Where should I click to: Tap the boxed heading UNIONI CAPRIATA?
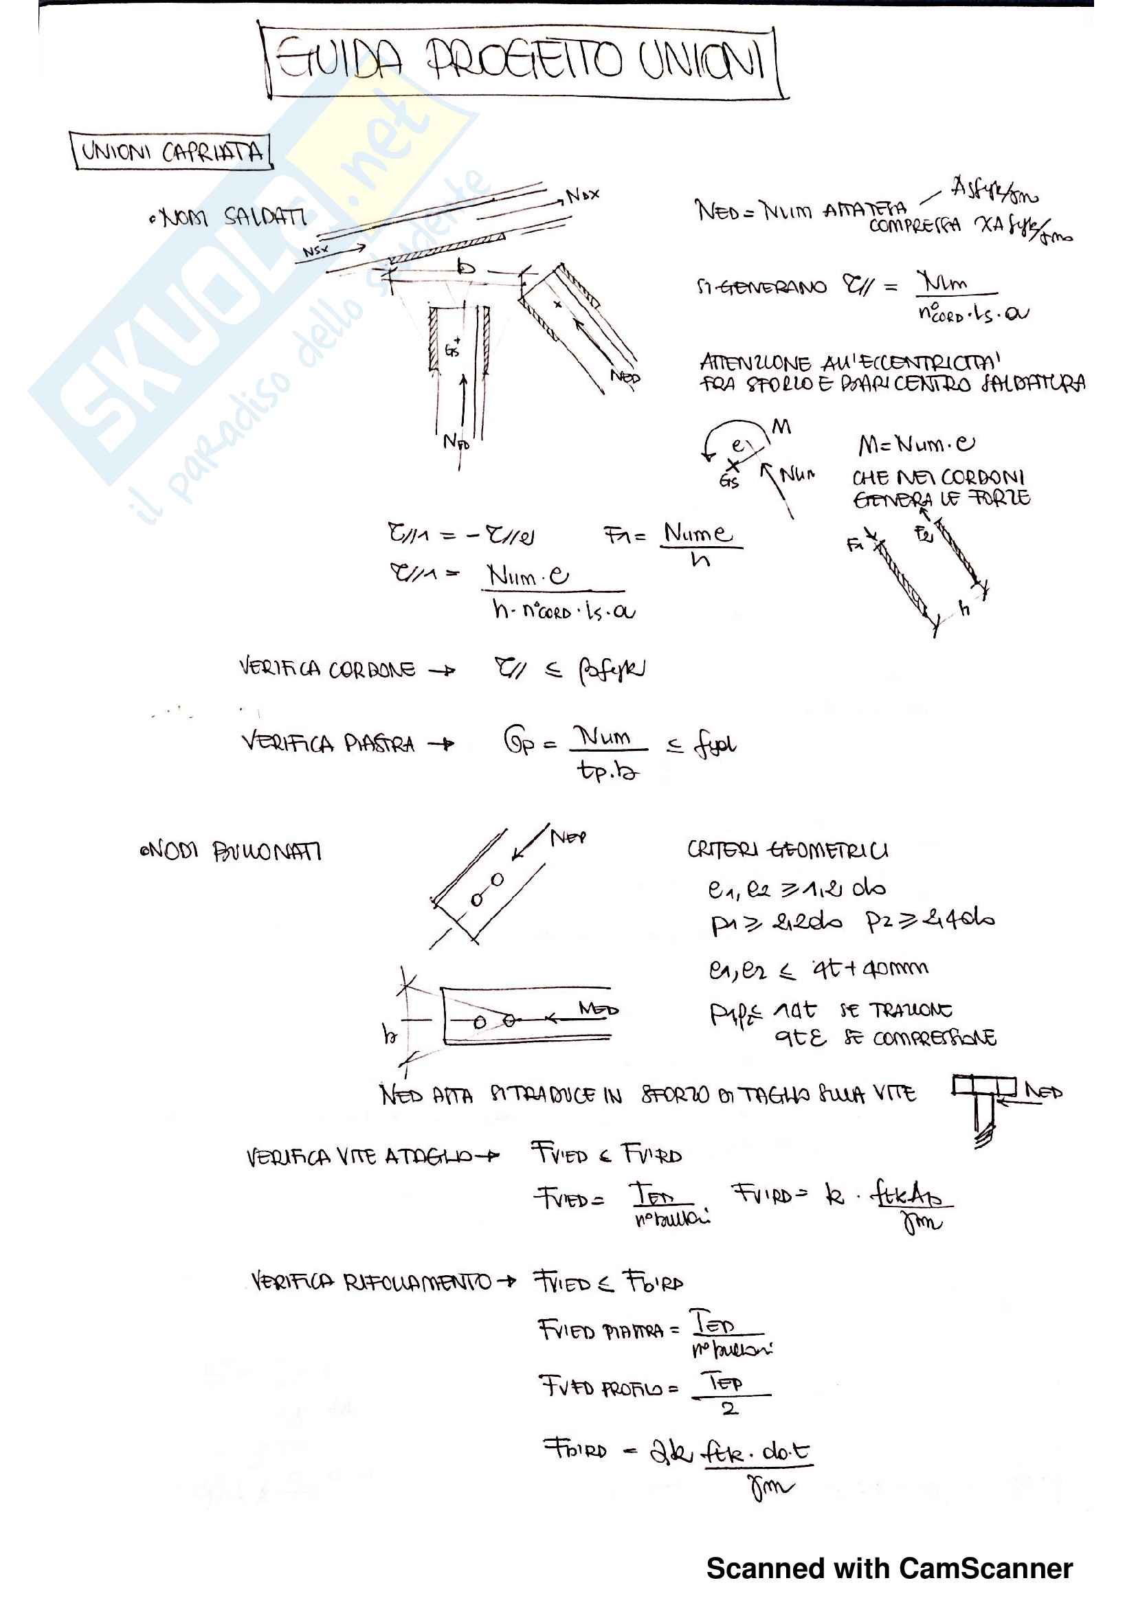172,151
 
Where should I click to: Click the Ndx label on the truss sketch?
582,195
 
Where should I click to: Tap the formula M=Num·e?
916,445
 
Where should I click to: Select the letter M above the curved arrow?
781,426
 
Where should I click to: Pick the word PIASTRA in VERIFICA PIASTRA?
379,743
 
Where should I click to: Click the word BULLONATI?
267,852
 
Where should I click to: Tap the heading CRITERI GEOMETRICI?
788,850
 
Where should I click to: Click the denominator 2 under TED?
729,1409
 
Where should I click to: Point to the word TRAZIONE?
910,1011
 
